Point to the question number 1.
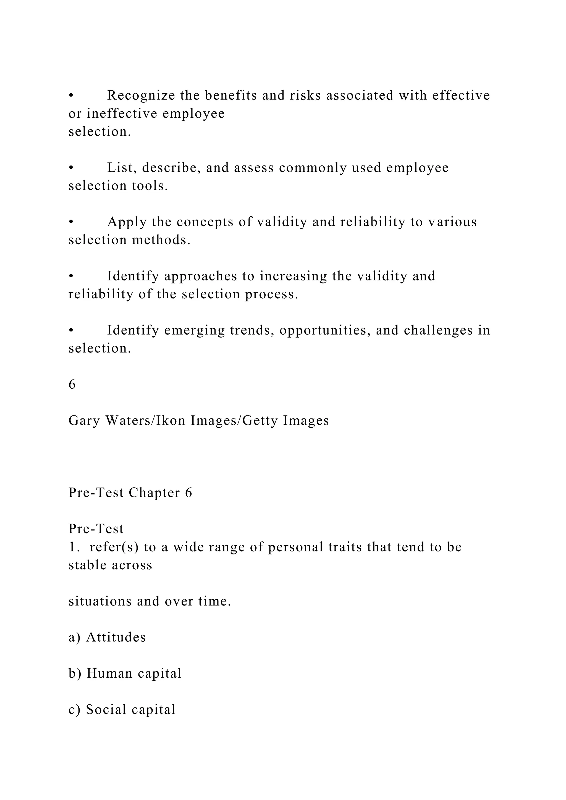(x=72, y=547)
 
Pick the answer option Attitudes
(x=116, y=637)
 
